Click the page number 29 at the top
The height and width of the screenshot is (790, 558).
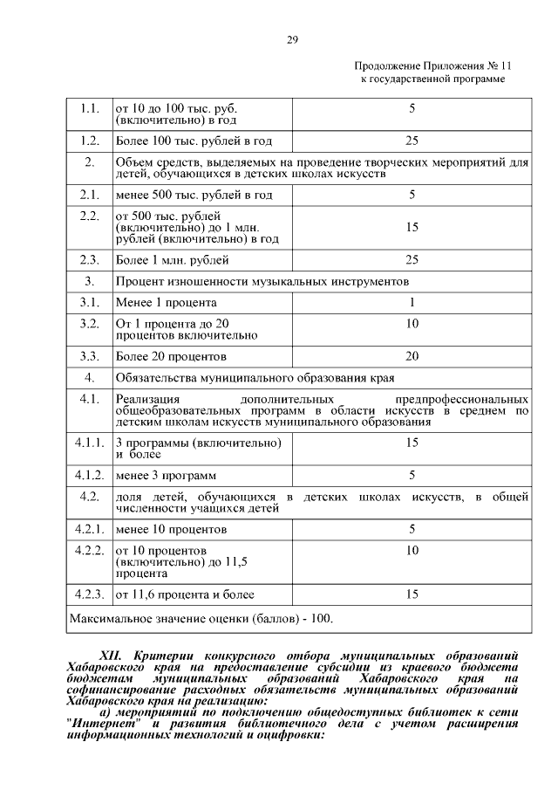(293, 38)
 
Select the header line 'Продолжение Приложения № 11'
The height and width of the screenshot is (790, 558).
(432, 67)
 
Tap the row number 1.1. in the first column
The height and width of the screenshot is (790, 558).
(89, 109)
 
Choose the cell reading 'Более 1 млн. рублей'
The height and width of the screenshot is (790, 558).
(173, 259)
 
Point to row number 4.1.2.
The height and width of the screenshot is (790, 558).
(89, 476)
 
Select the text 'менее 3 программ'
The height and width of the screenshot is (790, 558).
(166, 476)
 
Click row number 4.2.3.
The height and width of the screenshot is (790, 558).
(89, 594)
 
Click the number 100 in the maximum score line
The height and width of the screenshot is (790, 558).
(321, 618)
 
